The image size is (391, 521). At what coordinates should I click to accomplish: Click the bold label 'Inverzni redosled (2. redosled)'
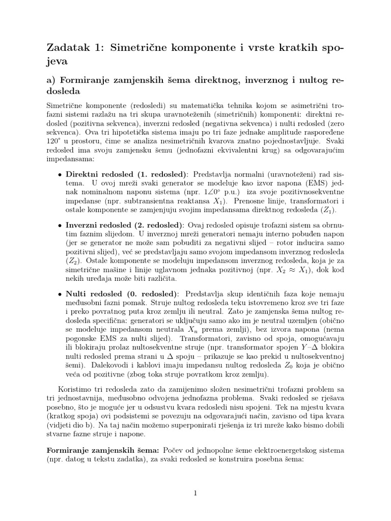(125, 225)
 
